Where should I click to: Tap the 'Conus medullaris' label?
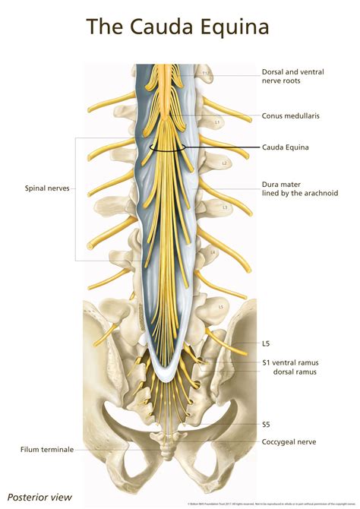(x=291, y=115)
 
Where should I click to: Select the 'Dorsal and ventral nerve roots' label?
(x=292, y=77)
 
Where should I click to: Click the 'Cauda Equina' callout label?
(x=286, y=148)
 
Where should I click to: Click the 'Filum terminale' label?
(x=48, y=449)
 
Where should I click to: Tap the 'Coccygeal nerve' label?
(x=289, y=441)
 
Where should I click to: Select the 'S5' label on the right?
(x=267, y=423)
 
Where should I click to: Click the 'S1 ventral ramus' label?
(x=290, y=363)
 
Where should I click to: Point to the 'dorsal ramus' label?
(x=294, y=372)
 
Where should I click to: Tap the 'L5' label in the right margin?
(x=266, y=344)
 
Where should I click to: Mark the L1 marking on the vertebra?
(x=217, y=122)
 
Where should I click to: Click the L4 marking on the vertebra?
(x=214, y=251)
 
